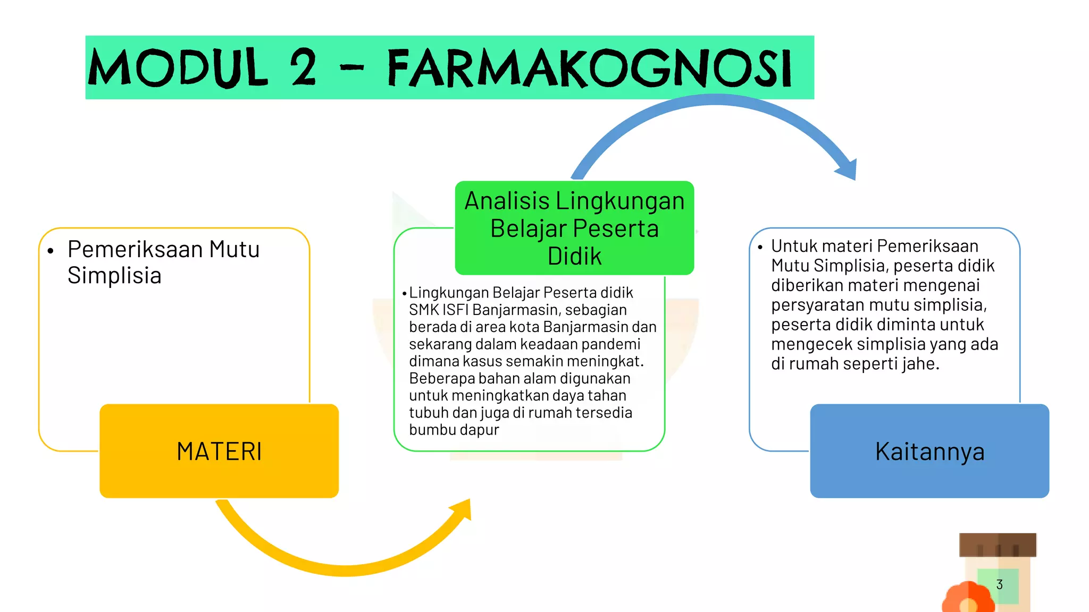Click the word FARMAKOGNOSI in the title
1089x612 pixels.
(589, 69)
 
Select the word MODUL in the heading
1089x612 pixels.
(178, 68)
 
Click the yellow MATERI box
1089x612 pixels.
(219, 451)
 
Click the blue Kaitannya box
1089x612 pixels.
(929, 451)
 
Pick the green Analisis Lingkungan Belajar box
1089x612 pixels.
(574, 228)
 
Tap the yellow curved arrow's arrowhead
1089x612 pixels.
(462, 509)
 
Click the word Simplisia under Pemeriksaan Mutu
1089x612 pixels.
(114, 276)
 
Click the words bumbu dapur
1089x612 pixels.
(454, 430)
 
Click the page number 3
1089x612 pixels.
(999, 584)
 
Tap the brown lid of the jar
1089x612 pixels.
(998, 545)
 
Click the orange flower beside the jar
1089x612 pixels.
(967, 599)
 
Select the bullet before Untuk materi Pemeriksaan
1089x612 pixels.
(760, 247)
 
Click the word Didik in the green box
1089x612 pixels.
(574, 257)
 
